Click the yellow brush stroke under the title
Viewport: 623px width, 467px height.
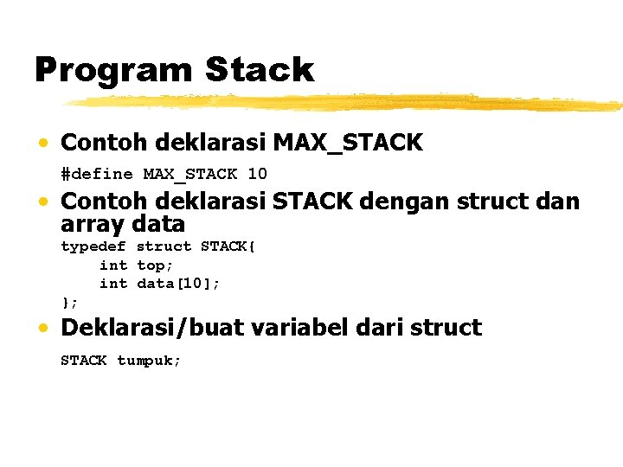point(346,103)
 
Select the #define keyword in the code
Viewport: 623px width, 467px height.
point(96,174)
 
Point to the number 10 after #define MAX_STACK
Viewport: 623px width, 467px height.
point(257,174)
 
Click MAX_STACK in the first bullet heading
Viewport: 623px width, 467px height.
point(348,143)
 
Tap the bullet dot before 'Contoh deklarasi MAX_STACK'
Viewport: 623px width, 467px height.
point(42,144)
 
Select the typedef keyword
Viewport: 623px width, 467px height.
point(93,246)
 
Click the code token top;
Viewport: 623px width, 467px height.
point(156,265)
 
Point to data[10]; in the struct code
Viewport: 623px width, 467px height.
point(179,284)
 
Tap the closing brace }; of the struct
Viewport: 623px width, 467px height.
point(69,302)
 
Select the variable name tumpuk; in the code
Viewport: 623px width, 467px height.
point(149,361)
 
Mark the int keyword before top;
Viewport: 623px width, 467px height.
point(113,265)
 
